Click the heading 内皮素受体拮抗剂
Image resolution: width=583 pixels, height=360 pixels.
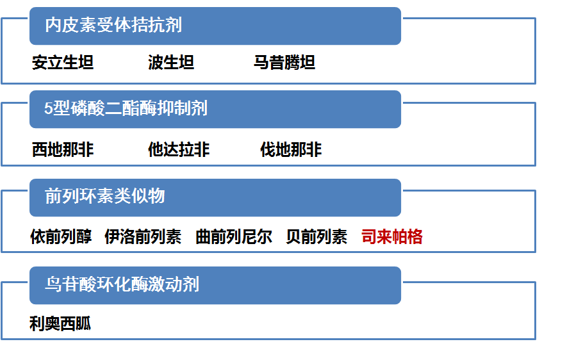113,26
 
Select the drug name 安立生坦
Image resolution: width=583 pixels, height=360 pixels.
63,63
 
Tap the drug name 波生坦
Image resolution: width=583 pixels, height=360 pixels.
171,63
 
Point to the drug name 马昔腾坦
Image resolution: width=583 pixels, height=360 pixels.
284,63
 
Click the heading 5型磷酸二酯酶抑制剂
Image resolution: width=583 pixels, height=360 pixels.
126,108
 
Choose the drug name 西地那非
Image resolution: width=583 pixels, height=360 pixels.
63,150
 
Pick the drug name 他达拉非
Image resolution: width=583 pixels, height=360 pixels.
179,150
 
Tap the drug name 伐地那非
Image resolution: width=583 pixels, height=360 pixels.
291,150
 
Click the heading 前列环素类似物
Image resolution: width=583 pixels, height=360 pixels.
105,196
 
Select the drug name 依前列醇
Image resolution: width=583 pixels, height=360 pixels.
61,237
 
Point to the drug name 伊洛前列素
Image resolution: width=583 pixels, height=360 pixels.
143,237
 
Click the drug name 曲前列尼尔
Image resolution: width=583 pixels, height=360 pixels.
234,237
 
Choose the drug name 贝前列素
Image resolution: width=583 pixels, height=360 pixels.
316,237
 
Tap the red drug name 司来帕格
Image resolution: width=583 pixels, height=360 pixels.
392,237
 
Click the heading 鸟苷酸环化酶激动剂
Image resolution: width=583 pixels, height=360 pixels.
122,284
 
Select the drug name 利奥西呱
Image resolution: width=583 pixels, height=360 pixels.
60,323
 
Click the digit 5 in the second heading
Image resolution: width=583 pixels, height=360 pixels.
48,109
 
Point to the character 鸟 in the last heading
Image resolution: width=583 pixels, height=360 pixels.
53,284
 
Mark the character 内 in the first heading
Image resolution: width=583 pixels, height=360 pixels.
53,26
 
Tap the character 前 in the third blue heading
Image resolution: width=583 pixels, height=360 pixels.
53,196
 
